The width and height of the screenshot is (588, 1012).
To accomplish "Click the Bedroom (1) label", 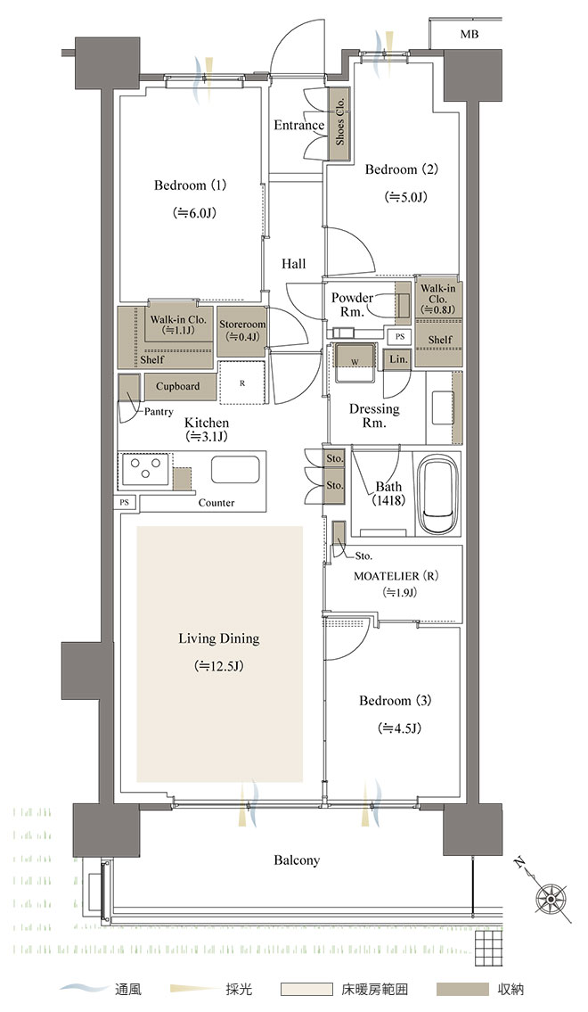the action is pyautogui.click(x=190, y=185).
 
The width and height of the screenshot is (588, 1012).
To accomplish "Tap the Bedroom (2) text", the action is pyautogui.click(x=402, y=169).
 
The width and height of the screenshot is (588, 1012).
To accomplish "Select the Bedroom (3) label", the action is pyautogui.click(x=396, y=700).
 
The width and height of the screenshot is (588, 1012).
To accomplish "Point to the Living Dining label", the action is pyautogui.click(x=218, y=639).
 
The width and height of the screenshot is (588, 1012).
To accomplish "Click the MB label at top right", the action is pyautogui.click(x=470, y=34).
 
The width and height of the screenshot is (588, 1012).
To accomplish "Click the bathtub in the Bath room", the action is pyautogui.click(x=439, y=494).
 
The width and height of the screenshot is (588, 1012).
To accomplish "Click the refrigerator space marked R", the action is pyautogui.click(x=242, y=383).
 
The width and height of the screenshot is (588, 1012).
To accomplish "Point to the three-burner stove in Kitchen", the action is pyautogui.click(x=146, y=469).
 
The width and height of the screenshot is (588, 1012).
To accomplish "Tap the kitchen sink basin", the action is pyautogui.click(x=235, y=470).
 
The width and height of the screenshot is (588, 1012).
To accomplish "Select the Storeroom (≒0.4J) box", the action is pyautogui.click(x=241, y=331).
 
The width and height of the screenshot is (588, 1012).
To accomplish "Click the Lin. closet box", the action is pyautogui.click(x=398, y=359).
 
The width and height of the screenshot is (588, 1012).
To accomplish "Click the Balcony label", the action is pyautogui.click(x=297, y=860).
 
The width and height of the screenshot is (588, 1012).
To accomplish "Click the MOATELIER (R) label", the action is pyautogui.click(x=396, y=576).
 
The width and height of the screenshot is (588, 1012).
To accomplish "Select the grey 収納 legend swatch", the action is pyautogui.click(x=462, y=989).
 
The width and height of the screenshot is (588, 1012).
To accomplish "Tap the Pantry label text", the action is pyautogui.click(x=158, y=411).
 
